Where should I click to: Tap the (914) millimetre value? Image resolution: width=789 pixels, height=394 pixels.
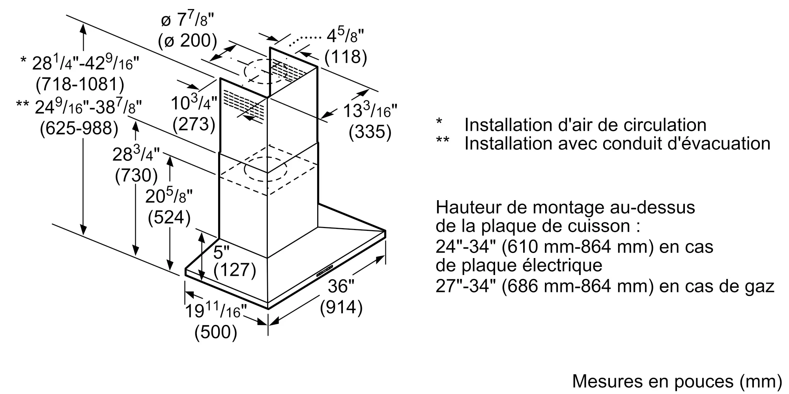pyautogui.click(x=341, y=307)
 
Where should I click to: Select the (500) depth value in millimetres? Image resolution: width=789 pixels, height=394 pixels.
pyautogui.click(x=216, y=332)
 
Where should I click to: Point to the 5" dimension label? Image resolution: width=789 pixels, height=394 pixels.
pyautogui.click(x=221, y=252)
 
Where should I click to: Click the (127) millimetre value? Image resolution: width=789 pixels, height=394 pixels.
pyautogui.click(x=235, y=270)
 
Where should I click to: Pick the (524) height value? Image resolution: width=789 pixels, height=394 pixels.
pyautogui.click(x=169, y=217)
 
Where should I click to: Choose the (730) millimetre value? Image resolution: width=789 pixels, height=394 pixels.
pyautogui.click(x=136, y=175)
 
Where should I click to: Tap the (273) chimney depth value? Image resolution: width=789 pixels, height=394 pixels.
pyautogui.click(x=194, y=124)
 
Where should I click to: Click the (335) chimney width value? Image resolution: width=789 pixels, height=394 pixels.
pyautogui.click(x=370, y=132)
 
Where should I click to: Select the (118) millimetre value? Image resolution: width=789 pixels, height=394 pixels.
pyautogui.click(x=346, y=57)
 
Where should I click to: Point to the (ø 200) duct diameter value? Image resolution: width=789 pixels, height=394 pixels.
pyautogui.click(x=188, y=41)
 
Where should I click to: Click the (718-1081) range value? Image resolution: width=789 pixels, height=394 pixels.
pyautogui.click(x=80, y=84)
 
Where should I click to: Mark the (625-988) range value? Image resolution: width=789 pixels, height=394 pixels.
pyautogui.click(x=79, y=128)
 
